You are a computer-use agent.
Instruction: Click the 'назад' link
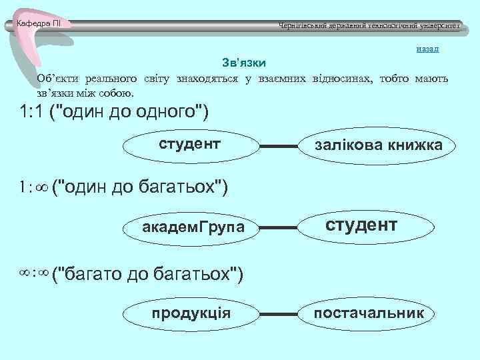point(427,49)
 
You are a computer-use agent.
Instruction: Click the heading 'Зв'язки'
point(244,63)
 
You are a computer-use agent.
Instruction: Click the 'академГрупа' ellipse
point(193,228)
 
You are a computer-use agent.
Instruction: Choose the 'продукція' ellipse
point(191,313)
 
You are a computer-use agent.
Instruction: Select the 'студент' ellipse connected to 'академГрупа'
point(362,226)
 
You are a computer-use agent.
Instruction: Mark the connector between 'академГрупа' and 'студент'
point(279,228)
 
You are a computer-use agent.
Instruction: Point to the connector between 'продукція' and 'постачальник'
point(278,313)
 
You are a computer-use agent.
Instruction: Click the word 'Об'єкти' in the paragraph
point(60,78)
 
